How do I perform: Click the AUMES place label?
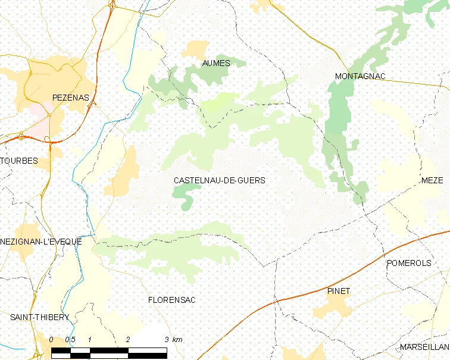[x=216, y=63]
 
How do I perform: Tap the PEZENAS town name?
[x=70, y=97]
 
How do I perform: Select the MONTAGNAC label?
[x=360, y=76]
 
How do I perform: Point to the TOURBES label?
[x=19, y=161]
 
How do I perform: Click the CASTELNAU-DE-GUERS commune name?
[x=219, y=180]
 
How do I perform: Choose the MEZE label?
[x=432, y=181]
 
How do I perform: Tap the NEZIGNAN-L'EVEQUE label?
[x=41, y=242]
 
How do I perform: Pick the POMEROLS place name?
[x=408, y=263]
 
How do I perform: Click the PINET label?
[x=338, y=291]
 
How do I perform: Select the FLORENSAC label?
[x=171, y=300]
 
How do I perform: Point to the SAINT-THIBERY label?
[x=40, y=317]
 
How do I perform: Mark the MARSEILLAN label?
[x=424, y=347]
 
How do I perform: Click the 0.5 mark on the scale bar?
[x=70, y=339]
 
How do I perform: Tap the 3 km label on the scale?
[x=173, y=339]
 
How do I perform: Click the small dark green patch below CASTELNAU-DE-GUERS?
[x=186, y=195]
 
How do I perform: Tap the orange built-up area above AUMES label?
[x=196, y=49]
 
